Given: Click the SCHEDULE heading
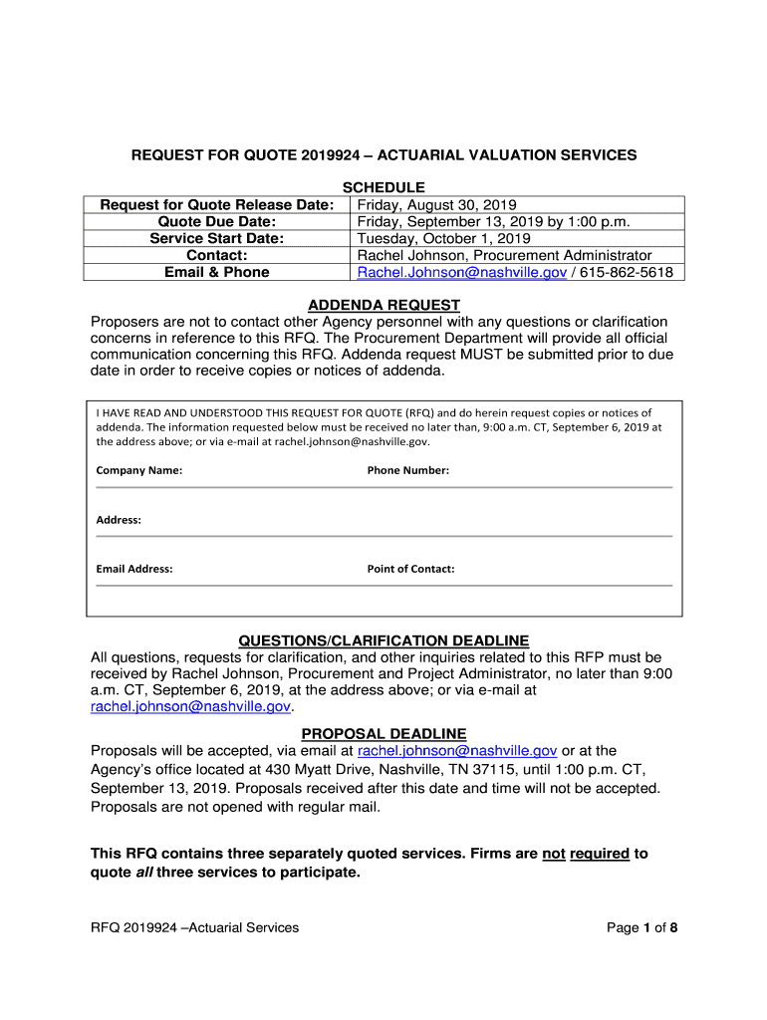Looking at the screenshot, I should [x=383, y=187].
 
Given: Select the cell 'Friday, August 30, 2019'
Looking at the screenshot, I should [x=429, y=205].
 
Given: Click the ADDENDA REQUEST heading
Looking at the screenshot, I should [x=383, y=305].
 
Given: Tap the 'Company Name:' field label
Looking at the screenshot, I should [x=138, y=470].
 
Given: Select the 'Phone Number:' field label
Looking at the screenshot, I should [x=407, y=470].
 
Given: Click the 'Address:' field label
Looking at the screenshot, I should [x=119, y=520].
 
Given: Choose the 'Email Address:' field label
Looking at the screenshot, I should [x=134, y=569].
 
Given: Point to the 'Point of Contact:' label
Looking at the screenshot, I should [x=410, y=569].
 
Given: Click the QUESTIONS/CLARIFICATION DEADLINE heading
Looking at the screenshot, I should [x=383, y=640].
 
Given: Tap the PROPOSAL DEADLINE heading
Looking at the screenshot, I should [x=383, y=734].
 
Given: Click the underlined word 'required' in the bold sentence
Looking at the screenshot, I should [x=599, y=854].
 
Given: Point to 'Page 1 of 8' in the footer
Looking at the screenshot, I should [x=642, y=928].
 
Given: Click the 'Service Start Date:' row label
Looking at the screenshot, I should [x=217, y=239].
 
